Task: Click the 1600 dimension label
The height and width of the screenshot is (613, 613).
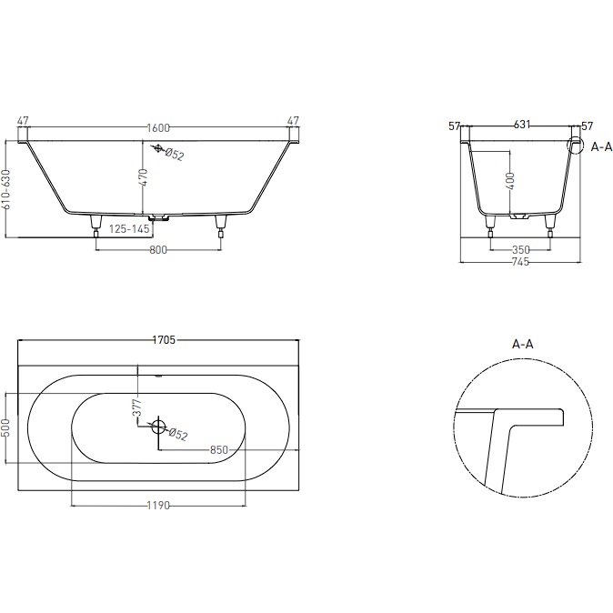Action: pos(158,128)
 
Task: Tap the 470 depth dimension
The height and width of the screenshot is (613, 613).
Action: pos(144,177)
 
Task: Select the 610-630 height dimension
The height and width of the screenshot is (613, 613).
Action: pos(6,189)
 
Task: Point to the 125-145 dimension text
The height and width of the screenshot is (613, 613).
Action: pos(129,228)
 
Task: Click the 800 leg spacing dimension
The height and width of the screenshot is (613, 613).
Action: pos(158,249)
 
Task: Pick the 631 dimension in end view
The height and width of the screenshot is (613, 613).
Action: pos(522,125)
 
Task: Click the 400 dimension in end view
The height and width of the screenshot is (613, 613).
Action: pos(510,181)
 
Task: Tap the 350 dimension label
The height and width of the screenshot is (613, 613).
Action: pos(521,249)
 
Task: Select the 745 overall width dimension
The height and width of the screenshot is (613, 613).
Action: pos(520,262)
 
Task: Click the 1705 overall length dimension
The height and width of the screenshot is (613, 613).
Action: pos(164,340)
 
